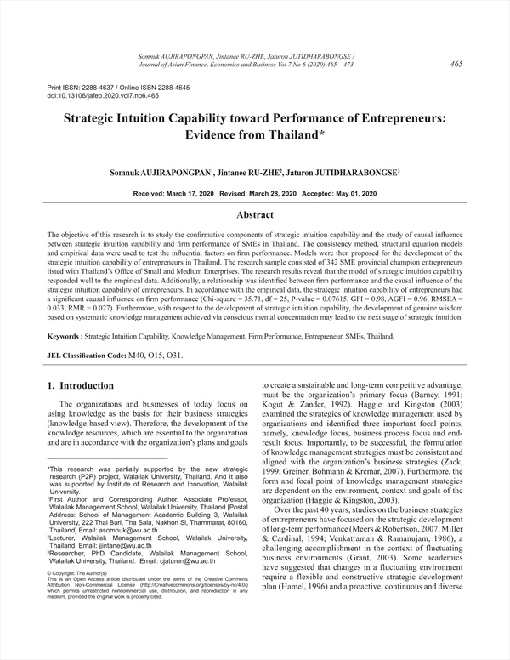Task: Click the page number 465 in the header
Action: coord(456,63)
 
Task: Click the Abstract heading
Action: coord(255,216)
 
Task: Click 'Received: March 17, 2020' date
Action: coord(174,195)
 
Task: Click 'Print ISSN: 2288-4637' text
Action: coord(83,88)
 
